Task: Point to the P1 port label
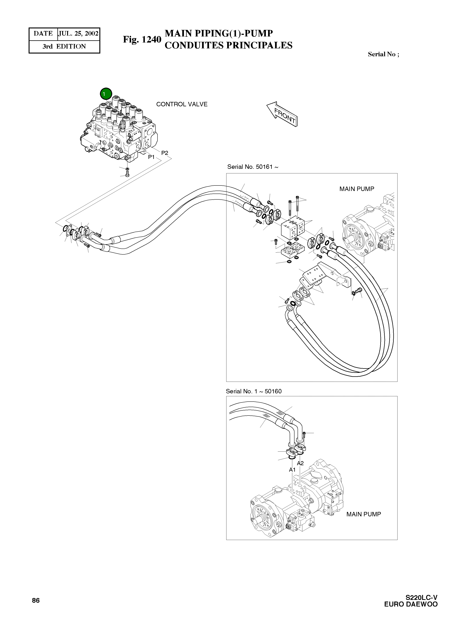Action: point(151,157)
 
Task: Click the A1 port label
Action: point(292,470)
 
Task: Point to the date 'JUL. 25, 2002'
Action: point(78,34)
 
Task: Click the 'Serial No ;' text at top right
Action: point(383,54)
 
